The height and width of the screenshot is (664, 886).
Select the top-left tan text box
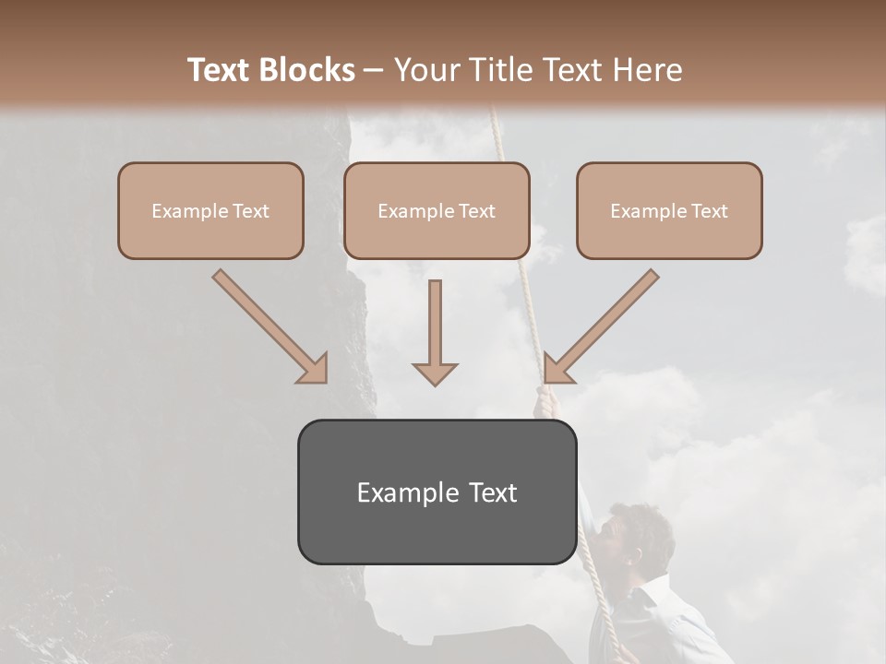pos(210,210)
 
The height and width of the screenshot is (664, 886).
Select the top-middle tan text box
pos(437,210)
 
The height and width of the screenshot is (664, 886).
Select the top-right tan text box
pos(669,210)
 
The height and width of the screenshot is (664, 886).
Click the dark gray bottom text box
pos(437,492)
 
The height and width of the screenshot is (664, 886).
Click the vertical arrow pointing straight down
pos(435,332)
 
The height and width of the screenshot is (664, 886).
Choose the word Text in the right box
pos(710,211)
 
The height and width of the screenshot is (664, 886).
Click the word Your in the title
pos(424,70)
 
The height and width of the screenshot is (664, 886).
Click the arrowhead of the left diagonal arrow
pos(314,369)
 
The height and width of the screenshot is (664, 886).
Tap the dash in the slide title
pos(374,70)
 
